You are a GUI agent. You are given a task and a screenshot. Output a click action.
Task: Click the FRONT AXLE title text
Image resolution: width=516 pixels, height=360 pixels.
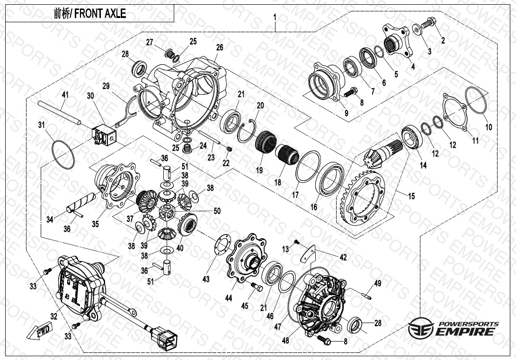click(90, 14)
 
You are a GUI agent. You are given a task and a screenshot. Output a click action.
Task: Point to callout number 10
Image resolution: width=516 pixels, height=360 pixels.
click(489, 127)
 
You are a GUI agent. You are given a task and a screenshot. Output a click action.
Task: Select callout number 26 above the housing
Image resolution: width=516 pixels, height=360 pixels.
click(219, 47)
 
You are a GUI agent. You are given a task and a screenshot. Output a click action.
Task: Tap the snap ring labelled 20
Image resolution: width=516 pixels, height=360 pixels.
click(249, 131)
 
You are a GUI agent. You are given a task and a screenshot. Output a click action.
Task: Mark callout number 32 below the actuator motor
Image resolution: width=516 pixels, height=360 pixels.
click(53, 316)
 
